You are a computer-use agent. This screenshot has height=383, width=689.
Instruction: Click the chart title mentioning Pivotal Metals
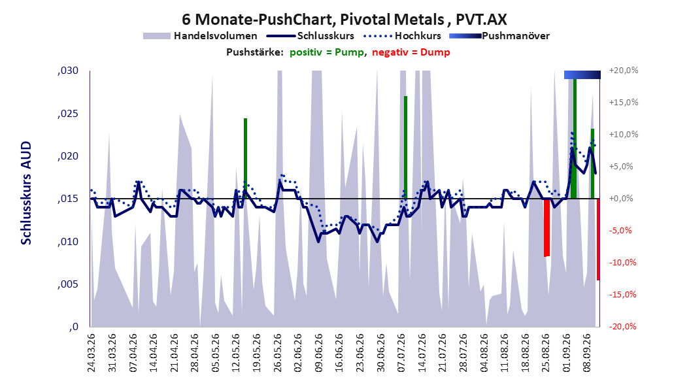coord(344,20)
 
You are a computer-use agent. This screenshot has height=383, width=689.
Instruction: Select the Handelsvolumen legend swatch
coord(156,36)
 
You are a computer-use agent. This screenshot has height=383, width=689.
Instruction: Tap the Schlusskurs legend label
coord(326,36)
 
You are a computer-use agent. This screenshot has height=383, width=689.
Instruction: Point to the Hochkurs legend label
coord(418,36)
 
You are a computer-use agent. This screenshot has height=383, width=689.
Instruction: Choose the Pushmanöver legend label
coord(516,36)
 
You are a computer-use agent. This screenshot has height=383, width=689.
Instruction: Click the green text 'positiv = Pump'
coord(327,52)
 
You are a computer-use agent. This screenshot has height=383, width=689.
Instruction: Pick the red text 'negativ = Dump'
coord(411,52)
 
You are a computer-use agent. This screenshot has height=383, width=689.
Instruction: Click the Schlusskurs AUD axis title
coord(26,193)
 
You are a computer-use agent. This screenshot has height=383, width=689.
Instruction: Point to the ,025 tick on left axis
coord(68,114)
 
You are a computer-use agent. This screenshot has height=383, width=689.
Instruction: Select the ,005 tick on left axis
coord(68,284)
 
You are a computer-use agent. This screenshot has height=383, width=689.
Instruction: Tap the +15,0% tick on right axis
coord(624,103)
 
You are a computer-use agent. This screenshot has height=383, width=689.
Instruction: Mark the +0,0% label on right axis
coord(622,199)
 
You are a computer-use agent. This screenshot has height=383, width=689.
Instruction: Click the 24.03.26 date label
coord(92,353)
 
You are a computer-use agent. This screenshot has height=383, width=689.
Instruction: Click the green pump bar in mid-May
coord(246,159)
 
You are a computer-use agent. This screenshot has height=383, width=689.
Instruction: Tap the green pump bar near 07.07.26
coord(405,147)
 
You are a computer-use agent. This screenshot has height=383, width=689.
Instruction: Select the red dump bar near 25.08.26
coord(546,227)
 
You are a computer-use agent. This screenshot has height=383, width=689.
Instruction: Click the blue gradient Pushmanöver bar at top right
coord(582,75)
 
